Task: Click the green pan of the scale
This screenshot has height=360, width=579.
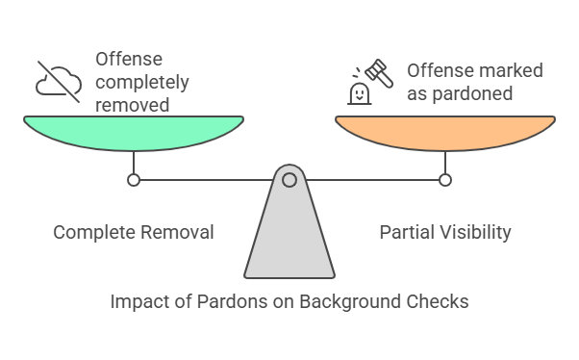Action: [x=134, y=132]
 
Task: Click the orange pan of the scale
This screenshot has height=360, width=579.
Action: [x=444, y=132]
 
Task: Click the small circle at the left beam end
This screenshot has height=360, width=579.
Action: [x=134, y=179]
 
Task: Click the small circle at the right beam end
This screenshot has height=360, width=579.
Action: [x=444, y=179]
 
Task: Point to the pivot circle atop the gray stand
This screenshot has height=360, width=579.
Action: [x=289, y=179]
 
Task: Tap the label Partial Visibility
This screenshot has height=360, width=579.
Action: [x=445, y=232]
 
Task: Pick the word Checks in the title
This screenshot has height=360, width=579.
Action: [x=439, y=301]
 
